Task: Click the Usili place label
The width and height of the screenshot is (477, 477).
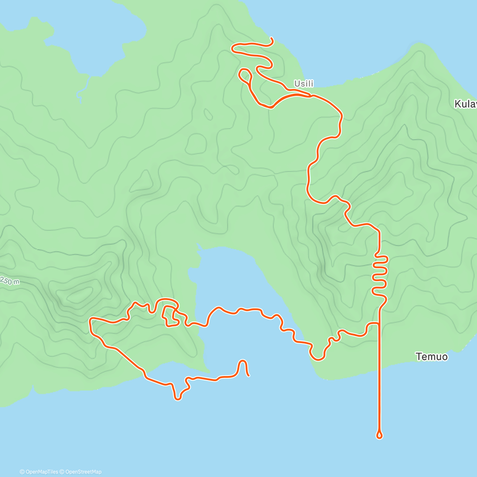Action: click(304, 83)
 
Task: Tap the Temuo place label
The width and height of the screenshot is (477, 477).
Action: click(432, 357)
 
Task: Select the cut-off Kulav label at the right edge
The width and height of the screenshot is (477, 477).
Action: click(465, 104)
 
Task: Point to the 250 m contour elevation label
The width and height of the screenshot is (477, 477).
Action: click(9, 281)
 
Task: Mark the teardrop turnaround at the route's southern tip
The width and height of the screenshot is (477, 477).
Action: click(379, 435)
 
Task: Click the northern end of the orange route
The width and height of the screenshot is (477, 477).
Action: click(271, 38)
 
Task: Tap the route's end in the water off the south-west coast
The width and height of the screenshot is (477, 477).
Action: click(248, 376)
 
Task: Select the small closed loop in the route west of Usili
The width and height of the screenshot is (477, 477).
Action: click(245, 75)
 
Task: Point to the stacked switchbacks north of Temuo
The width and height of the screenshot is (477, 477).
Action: click(380, 274)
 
